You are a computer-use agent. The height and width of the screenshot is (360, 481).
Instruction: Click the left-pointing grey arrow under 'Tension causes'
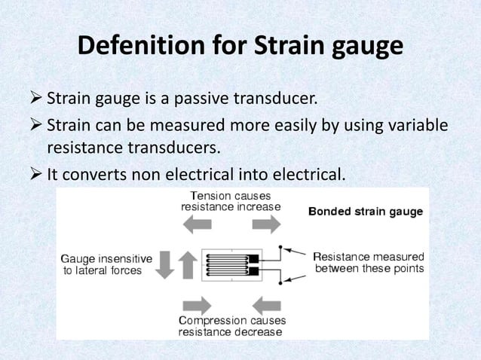click(198, 224)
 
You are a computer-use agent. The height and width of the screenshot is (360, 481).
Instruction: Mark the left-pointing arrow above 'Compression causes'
click(267, 304)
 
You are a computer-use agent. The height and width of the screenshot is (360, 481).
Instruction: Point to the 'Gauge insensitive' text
click(106, 258)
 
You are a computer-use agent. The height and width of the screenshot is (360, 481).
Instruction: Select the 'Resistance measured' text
click(369, 255)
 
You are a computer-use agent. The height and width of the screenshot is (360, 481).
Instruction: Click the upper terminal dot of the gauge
click(280, 247)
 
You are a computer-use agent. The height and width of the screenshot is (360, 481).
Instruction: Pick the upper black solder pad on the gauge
click(253, 258)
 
